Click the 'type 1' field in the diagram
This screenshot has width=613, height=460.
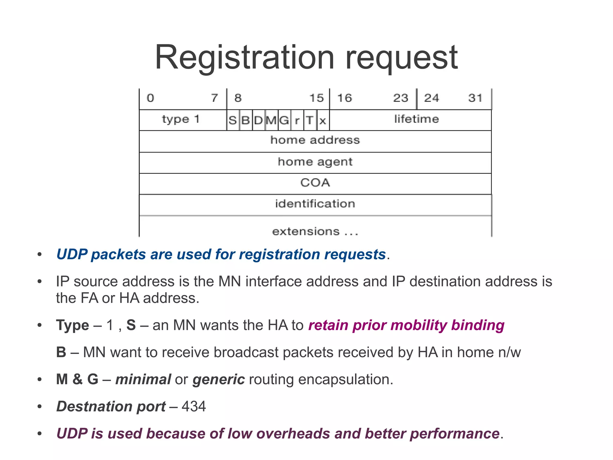(181, 120)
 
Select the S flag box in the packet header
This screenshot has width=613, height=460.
(233, 120)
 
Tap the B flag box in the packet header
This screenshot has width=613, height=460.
(245, 120)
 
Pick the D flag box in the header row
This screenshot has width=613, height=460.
(258, 120)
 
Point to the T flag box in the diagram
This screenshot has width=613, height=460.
(310, 120)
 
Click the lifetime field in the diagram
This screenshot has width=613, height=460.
(416, 119)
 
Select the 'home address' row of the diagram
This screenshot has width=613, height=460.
(315, 140)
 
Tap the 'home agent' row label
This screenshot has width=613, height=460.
(315, 162)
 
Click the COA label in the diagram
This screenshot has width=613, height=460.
(315, 183)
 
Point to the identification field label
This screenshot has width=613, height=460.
(315, 204)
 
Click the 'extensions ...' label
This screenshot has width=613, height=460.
(315, 232)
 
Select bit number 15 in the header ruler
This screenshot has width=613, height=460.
(316, 98)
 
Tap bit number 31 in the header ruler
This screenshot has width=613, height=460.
(475, 98)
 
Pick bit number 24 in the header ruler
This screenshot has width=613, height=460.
(432, 98)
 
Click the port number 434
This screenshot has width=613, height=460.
(194, 407)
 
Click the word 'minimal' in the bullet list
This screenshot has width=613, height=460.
(143, 379)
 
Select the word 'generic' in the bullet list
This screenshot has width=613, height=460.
(219, 379)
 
